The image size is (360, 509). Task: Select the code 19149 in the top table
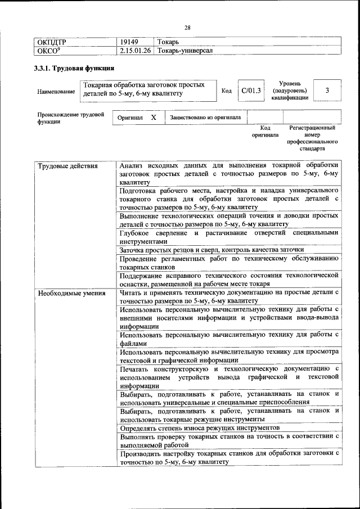coord(129,42)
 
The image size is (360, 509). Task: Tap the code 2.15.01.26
coord(136,51)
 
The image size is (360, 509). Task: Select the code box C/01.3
coord(251,91)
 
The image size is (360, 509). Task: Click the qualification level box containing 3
coord(327,90)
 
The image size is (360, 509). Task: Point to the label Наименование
coord(56,91)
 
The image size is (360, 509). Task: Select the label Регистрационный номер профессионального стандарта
coord(312,139)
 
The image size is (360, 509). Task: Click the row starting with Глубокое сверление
coord(229,237)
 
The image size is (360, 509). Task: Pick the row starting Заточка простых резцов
coord(212,250)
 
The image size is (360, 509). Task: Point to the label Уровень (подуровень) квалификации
coord(290,90)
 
